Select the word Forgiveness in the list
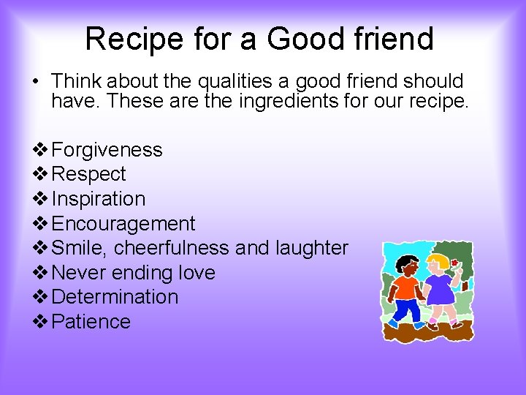tap(107, 150)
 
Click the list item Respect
tap(89, 174)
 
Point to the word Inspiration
tap(99, 199)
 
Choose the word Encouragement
tap(123, 224)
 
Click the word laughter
tap(312, 248)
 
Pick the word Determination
tap(115, 297)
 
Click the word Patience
tap(91, 322)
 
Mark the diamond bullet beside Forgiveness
tap(40, 150)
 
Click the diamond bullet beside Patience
tap(40, 322)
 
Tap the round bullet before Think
tap(36, 81)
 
